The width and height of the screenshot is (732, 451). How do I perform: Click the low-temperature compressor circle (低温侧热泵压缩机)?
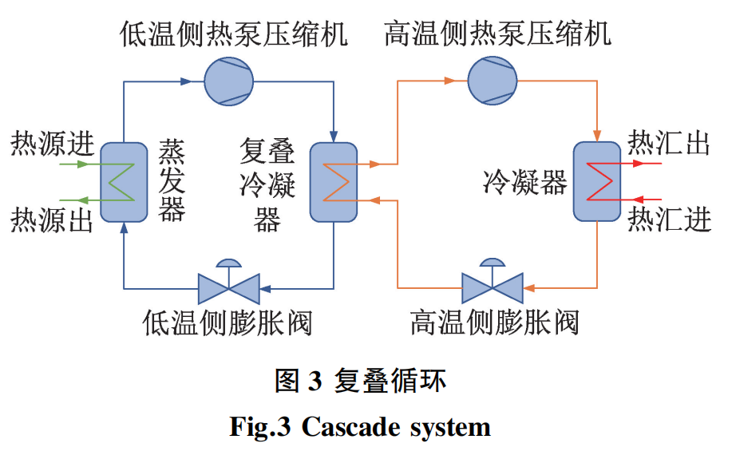click(229, 81)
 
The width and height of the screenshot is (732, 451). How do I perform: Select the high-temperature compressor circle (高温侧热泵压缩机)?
click(493, 81)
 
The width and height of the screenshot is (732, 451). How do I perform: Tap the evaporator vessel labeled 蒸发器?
click(125, 182)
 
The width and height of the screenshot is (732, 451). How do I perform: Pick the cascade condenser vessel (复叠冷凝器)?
click(334, 182)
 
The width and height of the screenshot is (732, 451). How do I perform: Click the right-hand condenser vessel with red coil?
click(597, 182)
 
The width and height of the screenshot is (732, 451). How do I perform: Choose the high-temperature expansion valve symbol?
click(493, 281)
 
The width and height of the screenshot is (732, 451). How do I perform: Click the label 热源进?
click(53, 144)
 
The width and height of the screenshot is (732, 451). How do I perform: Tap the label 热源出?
click(53, 220)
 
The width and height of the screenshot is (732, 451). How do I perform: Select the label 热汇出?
click(669, 142)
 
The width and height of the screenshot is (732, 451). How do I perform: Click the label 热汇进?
click(669, 219)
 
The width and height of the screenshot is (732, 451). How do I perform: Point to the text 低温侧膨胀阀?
click(228, 322)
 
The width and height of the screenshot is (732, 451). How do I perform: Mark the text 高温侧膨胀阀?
click(495, 322)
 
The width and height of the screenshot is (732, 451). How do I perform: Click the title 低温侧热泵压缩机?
click(234, 34)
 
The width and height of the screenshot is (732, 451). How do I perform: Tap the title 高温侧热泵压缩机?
click(498, 34)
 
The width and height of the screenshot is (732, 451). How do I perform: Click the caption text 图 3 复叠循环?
click(360, 381)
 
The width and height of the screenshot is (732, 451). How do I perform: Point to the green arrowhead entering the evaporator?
click(83, 164)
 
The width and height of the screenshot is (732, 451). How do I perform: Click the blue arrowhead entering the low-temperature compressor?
click(186, 81)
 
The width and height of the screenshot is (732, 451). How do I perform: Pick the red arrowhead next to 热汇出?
click(638, 164)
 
